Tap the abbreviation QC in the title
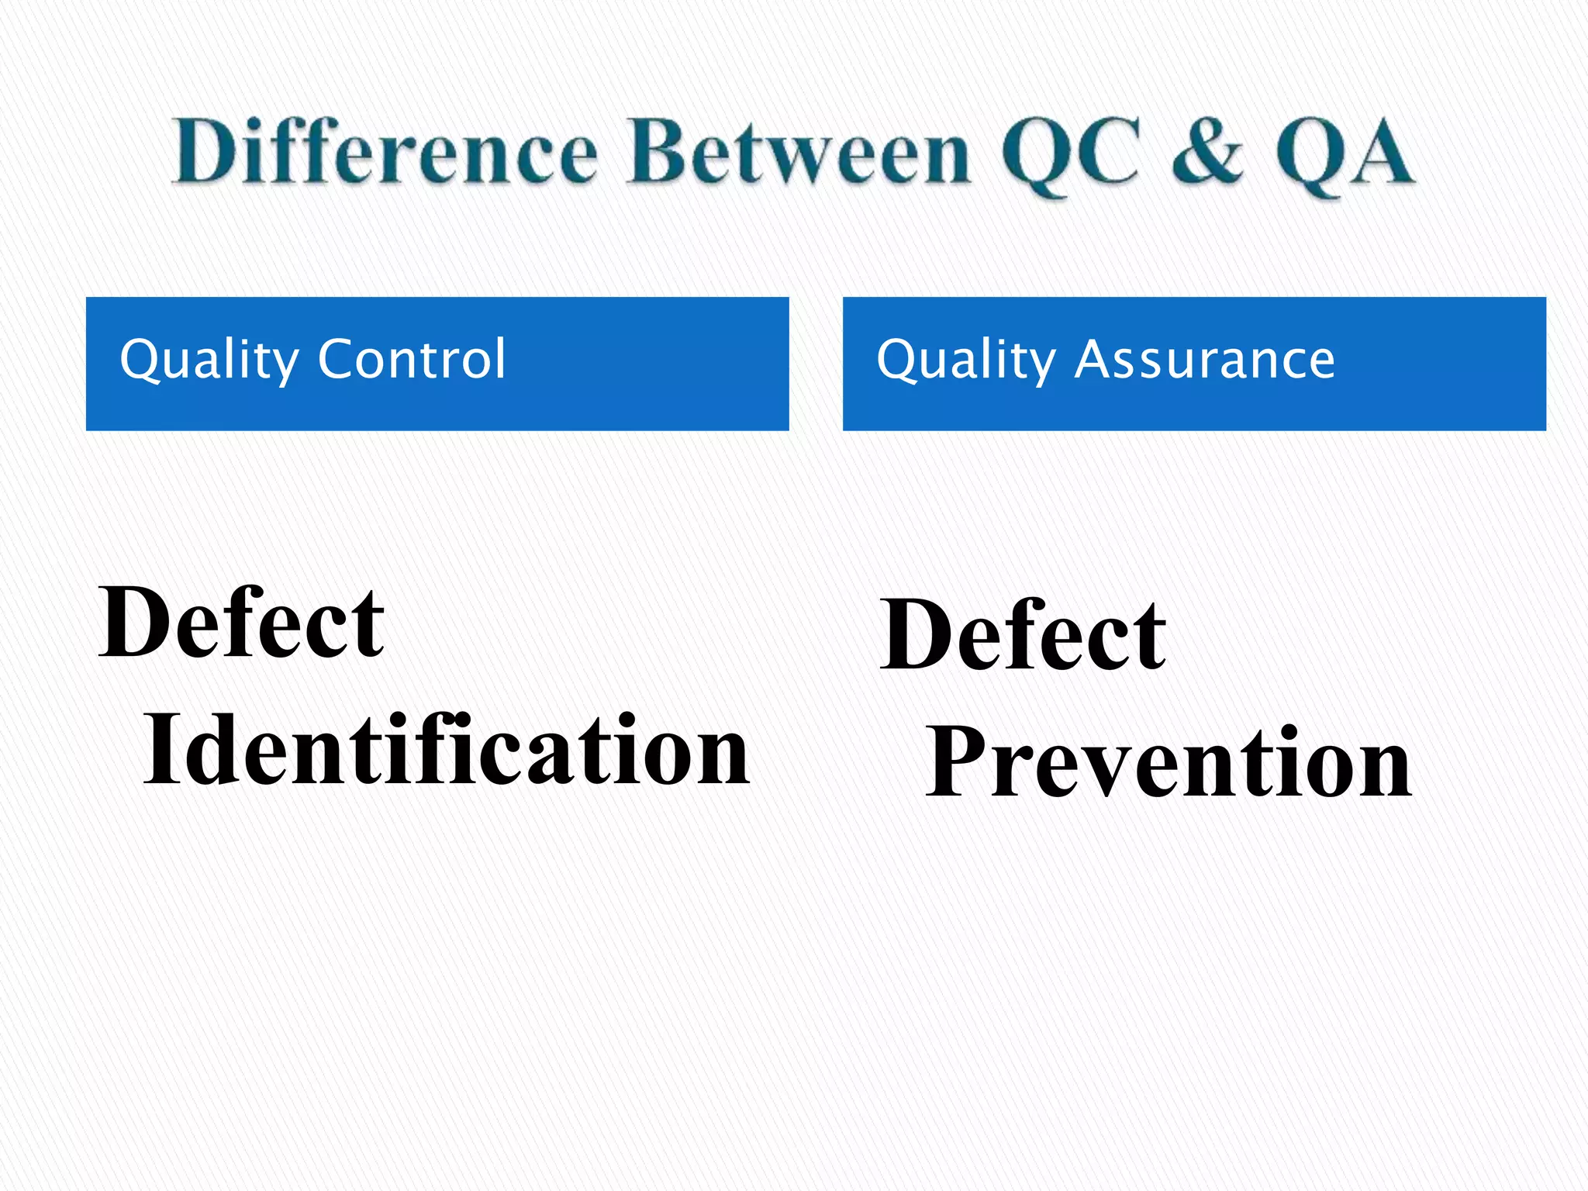click(x=1070, y=153)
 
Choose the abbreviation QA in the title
click(x=1346, y=153)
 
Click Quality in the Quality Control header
click(x=209, y=360)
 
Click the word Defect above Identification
click(x=241, y=622)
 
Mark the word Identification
click(x=447, y=750)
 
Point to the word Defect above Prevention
click(x=1023, y=635)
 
